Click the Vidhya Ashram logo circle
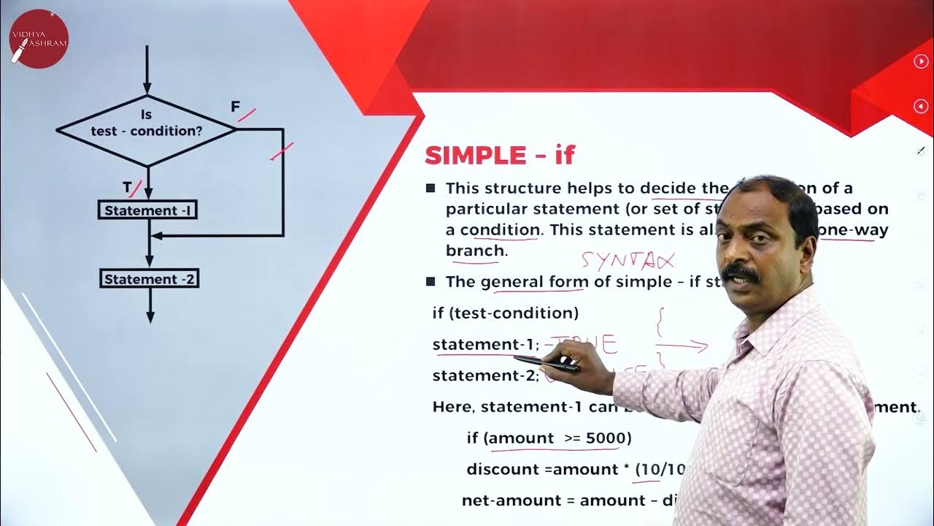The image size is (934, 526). pos(39,39)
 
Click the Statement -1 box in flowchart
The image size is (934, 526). pos(149,210)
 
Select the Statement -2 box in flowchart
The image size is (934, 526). pos(149,279)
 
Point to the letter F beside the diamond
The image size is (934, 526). pos(235,107)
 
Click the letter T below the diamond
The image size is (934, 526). pos(127,188)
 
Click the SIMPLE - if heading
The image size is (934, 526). pos(500,155)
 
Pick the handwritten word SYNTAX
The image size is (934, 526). pos(628,260)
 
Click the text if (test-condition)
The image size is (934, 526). pos(505,313)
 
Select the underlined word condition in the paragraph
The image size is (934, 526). pos(500,229)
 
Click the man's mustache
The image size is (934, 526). pos(743,275)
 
